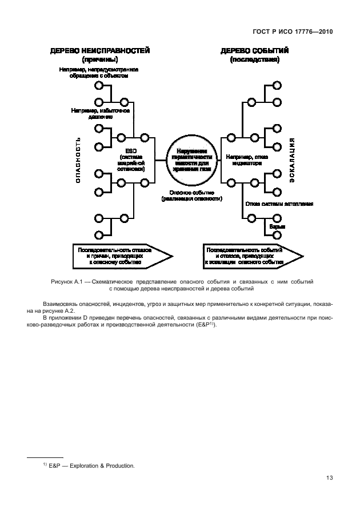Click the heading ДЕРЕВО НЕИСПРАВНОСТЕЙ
coord(100,50)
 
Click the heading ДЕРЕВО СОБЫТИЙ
coord(254,50)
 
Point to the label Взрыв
coord(278,227)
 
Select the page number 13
coord(329,478)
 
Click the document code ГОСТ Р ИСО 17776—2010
coord(291,33)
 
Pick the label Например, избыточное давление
coord(101,113)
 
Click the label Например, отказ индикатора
coord(246,158)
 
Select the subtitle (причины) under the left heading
coord(100,59)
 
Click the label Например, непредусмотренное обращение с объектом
coord(99,73)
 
